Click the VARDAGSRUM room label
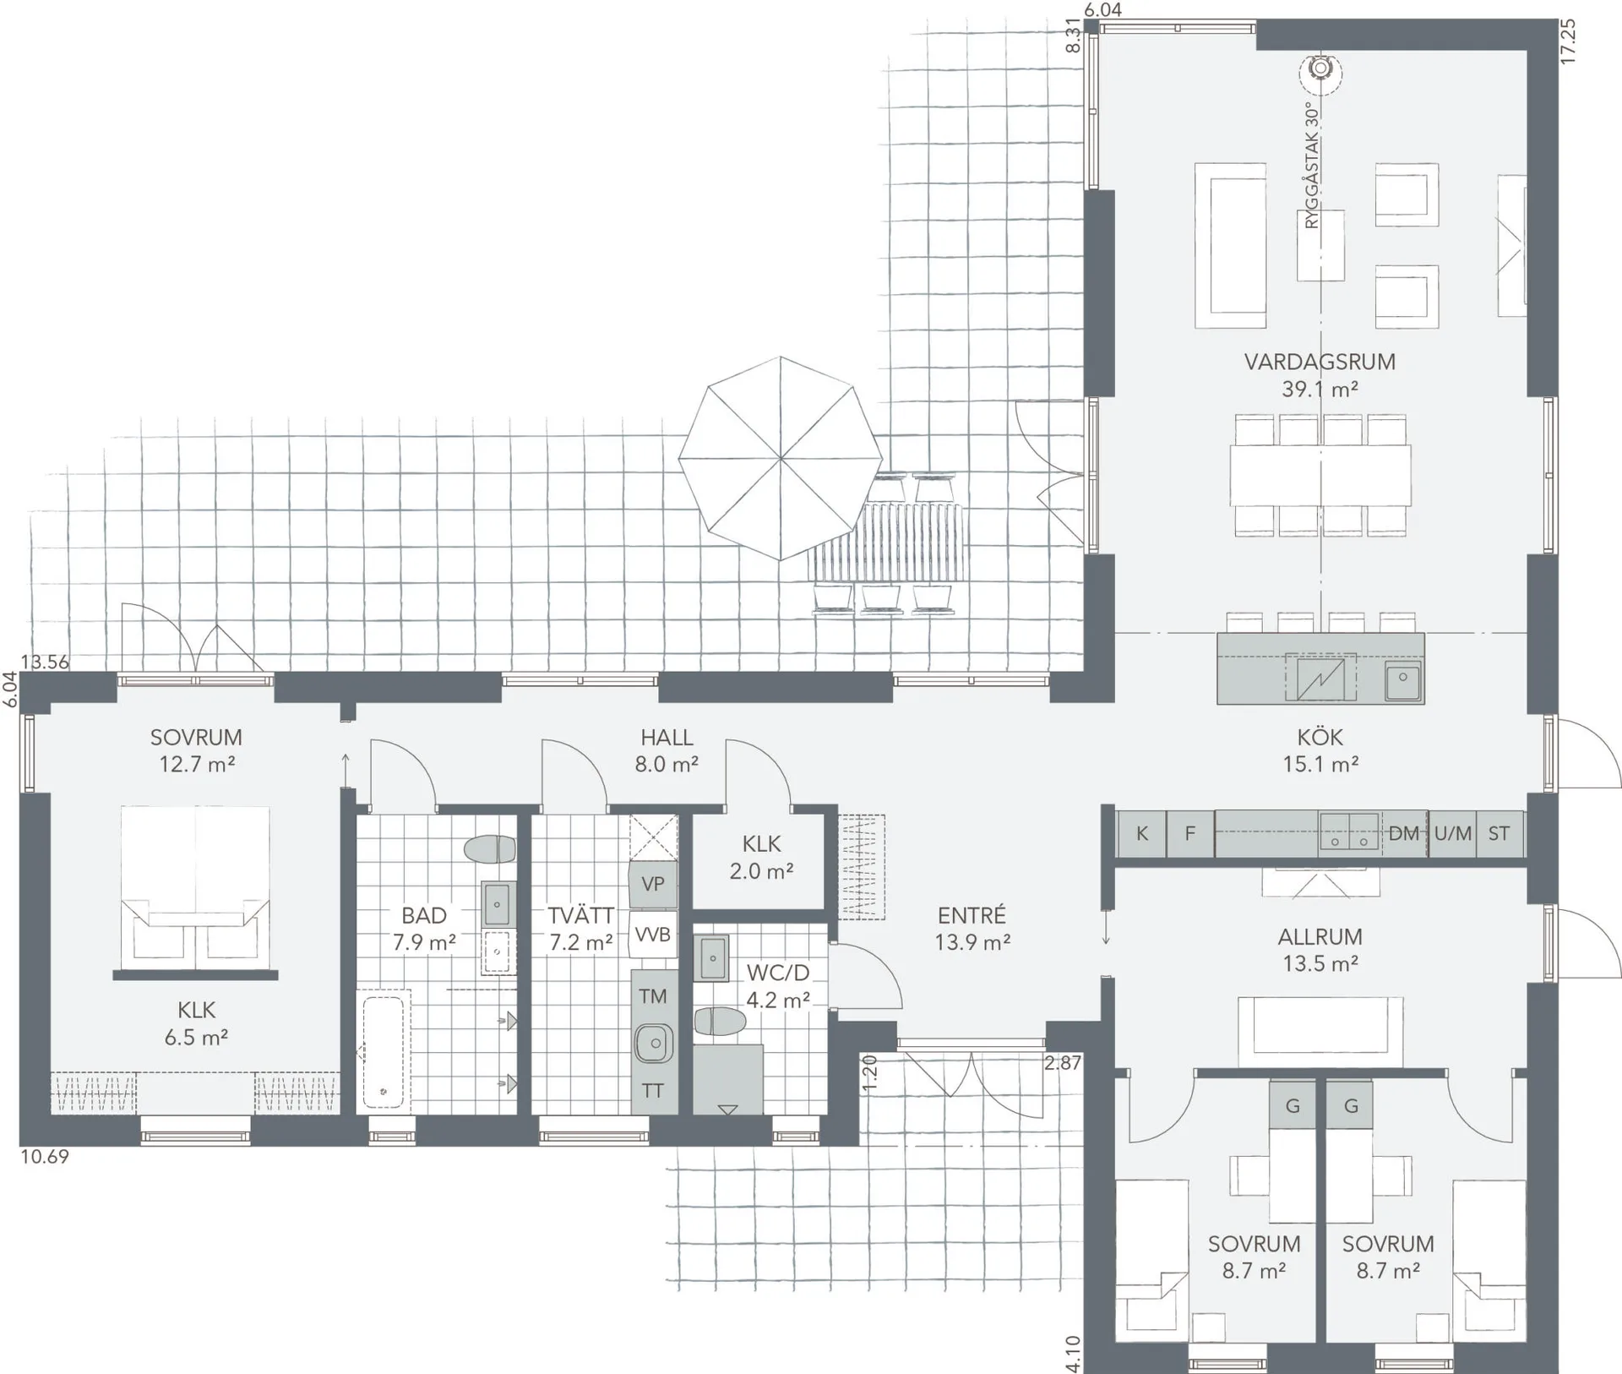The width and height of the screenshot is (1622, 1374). (1319, 362)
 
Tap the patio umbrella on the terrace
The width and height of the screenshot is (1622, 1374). (781, 458)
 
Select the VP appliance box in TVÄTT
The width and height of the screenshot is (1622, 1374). (652, 884)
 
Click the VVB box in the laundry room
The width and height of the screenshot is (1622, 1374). (652, 935)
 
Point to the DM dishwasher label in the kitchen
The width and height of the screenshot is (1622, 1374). (1403, 834)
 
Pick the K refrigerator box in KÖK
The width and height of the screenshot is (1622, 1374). (1141, 834)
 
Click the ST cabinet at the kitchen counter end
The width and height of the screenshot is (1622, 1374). (1499, 834)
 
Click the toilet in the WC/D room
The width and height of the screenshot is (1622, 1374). (719, 1022)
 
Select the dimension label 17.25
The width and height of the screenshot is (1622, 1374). (1568, 41)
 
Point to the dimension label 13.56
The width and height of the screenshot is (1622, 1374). (45, 662)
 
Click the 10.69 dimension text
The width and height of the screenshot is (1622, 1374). (45, 1157)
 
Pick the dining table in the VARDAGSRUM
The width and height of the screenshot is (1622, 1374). (1320, 475)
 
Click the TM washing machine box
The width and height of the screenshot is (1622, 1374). (652, 996)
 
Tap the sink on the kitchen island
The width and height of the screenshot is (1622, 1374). (1402, 678)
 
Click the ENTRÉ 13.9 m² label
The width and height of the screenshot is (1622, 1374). (972, 928)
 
